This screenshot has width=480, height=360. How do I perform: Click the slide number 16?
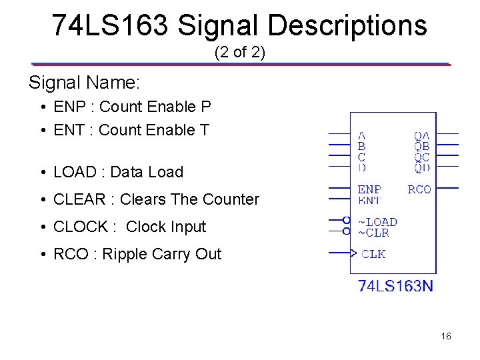[x=446, y=337]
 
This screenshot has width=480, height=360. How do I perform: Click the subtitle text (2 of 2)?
[x=240, y=53]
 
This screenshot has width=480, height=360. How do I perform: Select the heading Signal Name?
[x=84, y=83]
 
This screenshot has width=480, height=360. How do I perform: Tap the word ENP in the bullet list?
[x=67, y=107]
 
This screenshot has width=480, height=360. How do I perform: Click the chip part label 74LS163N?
[x=395, y=286]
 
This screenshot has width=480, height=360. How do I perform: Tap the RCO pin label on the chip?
[x=419, y=189]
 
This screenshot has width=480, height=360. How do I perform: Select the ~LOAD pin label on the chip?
[x=377, y=222]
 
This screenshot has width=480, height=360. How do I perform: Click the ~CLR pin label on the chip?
[x=373, y=233]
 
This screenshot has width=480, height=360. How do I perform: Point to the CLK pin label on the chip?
[x=373, y=253]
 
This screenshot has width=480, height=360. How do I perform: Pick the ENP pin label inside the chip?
[x=369, y=189]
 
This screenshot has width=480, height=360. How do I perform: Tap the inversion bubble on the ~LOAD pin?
[x=347, y=220]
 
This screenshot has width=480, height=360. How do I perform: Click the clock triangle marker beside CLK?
[x=354, y=253]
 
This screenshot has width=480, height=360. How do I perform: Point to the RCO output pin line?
[x=447, y=189]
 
